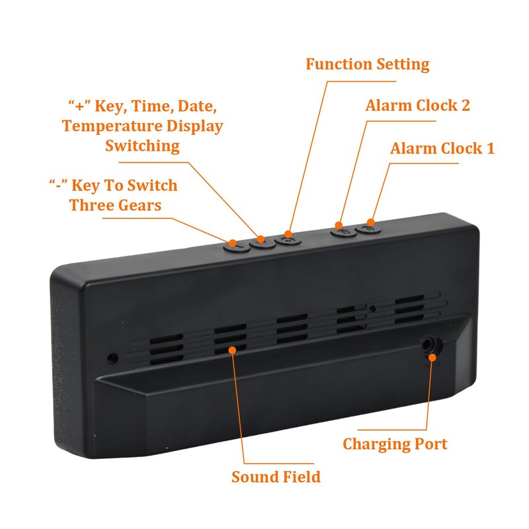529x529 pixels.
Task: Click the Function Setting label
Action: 367,64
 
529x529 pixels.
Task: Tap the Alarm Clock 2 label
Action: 417,106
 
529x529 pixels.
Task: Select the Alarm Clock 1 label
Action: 442,148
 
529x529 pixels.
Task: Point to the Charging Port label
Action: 395,444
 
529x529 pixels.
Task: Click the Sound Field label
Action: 276,476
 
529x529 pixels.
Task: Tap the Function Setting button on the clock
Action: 288,239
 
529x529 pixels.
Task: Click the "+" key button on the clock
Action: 262,242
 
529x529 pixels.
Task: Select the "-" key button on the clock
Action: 234,244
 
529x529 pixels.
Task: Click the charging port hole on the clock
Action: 431,345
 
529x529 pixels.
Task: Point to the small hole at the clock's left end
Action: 113,358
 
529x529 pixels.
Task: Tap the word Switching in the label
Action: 142,145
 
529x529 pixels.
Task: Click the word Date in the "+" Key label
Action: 198,106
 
